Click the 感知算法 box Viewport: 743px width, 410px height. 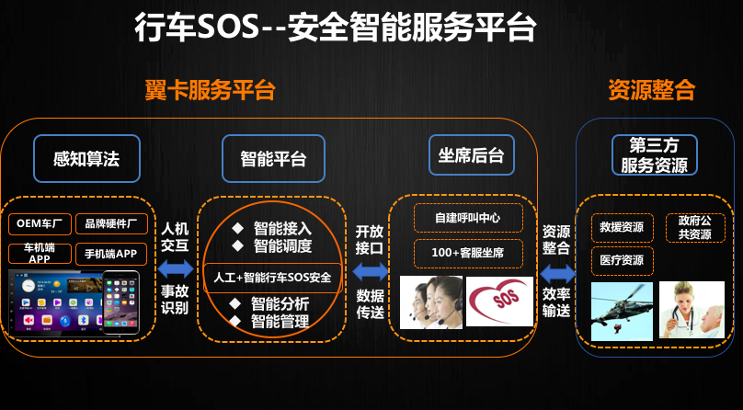pyautogui.click(x=86, y=159)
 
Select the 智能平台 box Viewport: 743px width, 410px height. pyautogui.click(x=273, y=159)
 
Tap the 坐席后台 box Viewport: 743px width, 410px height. pyautogui.click(x=472, y=155)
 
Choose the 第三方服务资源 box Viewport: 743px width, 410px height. pyautogui.click(x=655, y=154)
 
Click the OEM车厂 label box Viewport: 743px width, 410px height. pyautogui.click(x=40, y=224)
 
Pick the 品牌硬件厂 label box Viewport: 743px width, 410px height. pyautogui.click(x=111, y=224)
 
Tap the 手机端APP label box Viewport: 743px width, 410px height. pyautogui.click(x=111, y=255)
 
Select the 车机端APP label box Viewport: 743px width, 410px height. pyautogui.click(x=40, y=254)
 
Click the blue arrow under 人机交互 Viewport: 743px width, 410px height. pyautogui.click(x=176, y=269)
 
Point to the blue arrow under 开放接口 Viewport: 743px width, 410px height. pyautogui.click(x=371, y=271)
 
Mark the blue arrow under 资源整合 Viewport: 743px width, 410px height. pyautogui.click(x=557, y=274)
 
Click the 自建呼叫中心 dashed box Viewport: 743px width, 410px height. pyautogui.click(x=468, y=218)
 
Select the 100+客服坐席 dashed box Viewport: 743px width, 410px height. pyautogui.click(x=468, y=254)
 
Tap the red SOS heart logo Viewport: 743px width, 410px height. pyautogui.click(x=499, y=302)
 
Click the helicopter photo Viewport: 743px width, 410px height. pyautogui.click(x=622, y=311)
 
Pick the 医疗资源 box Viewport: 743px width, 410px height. pyautogui.click(x=623, y=261)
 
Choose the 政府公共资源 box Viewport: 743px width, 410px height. pyautogui.click(x=695, y=228)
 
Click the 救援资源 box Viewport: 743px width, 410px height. pyautogui.click(x=623, y=228)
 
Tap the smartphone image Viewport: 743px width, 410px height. pyautogui.click(x=120, y=302)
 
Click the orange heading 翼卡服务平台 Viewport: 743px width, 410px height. pyautogui.click(x=210, y=90)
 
